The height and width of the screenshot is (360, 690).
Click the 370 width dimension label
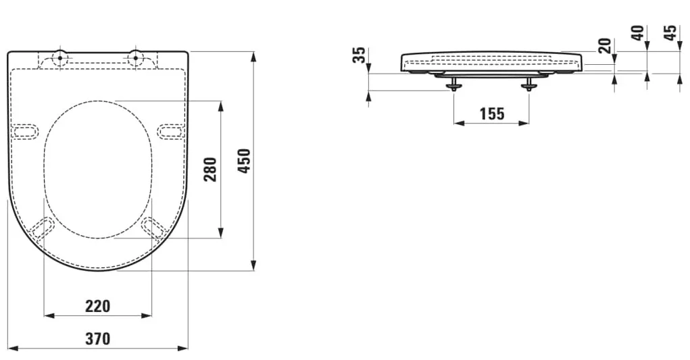pyautogui.click(x=98, y=338)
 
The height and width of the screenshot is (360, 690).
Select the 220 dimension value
pyautogui.click(x=98, y=306)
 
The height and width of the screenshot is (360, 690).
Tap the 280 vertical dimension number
pyautogui.click(x=210, y=170)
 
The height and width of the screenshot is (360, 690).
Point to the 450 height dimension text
pyautogui.click(x=244, y=161)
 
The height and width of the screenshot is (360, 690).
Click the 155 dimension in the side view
pyautogui.click(x=491, y=114)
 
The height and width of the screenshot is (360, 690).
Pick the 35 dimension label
pyautogui.click(x=360, y=55)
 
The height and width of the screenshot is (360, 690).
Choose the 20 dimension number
pyautogui.click(x=606, y=46)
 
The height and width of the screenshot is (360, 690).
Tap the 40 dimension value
pyautogui.click(x=638, y=33)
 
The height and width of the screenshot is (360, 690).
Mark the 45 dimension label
pyautogui.click(x=670, y=33)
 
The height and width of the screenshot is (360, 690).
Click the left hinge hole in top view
pyautogui.click(x=60, y=57)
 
